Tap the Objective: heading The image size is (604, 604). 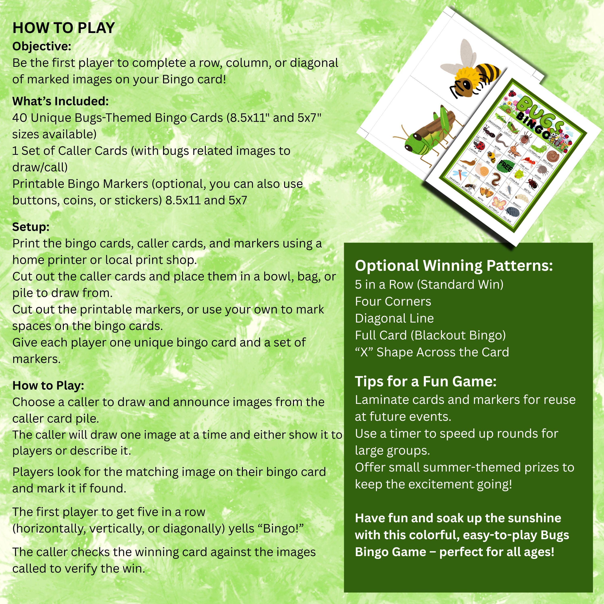click(42, 46)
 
